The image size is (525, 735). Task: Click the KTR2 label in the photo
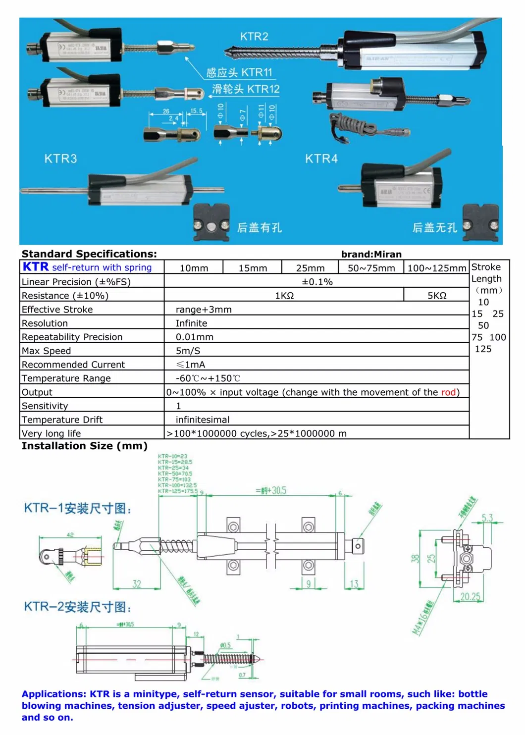(x=254, y=37)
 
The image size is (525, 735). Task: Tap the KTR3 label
(x=60, y=158)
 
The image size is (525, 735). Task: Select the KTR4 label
(x=321, y=158)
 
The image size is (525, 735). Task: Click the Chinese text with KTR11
(x=239, y=73)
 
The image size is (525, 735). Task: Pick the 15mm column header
(x=253, y=268)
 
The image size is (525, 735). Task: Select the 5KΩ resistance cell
(x=437, y=296)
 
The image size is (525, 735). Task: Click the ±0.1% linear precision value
(x=317, y=282)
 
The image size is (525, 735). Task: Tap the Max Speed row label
(x=47, y=351)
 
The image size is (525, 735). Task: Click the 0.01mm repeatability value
(x=195, y=337)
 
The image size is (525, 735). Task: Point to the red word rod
(x=448, y=392)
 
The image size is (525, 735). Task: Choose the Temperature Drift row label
(x=62, y=420)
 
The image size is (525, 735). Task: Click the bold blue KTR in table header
(x=36, y=267)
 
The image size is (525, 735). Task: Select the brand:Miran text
(x=371, y=254)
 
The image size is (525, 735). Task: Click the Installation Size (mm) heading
(x=85, y=446)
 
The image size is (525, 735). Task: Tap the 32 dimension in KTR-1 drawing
(x=137, y=584)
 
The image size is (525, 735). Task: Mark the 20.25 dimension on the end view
(x=470, y=597)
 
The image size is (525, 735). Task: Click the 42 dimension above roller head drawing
(x=70, y=535)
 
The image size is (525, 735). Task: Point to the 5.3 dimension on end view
(x=487, y=518)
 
